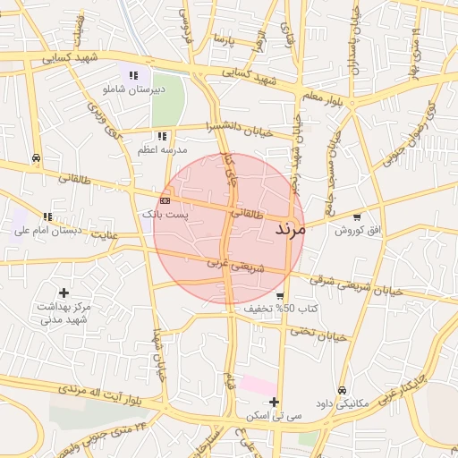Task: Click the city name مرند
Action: (x=291, y=228)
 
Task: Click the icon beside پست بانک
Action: (x=165, y=200)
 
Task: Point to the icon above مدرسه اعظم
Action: (x=162, y=136)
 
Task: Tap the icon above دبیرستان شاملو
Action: (x=133, y=76)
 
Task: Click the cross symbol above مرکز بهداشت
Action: (x=64, y=292)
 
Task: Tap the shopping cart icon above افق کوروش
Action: (x=358, y=216)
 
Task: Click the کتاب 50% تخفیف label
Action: (x=282, y=309)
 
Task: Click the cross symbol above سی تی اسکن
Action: (x=275, y=402)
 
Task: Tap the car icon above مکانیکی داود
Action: (x=343, y=390)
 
